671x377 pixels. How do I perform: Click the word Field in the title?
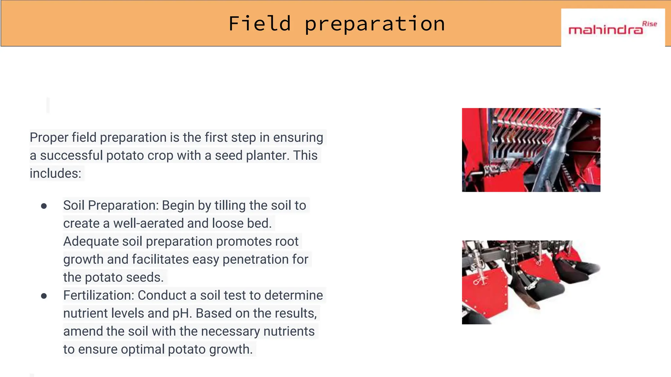pos(259,24)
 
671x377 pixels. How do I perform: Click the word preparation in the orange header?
pos(374,24)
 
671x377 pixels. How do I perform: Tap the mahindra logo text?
pos(605,30)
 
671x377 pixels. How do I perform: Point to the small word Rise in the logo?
pos(649,24)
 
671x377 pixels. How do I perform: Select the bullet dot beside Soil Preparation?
pos(44,206)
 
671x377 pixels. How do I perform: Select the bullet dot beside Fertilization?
pos(44,296)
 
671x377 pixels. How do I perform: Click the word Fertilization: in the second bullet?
pos(99,296)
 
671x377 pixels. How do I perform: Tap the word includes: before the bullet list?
pos(55,173)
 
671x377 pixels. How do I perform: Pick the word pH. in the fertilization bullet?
pos(182,314)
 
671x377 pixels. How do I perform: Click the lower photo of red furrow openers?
pos(531,282)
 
